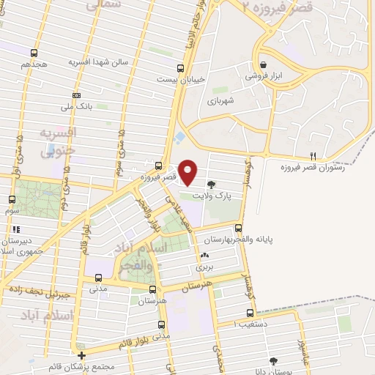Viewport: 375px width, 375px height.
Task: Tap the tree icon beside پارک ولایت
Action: pyautogui.click(x=212, y=185)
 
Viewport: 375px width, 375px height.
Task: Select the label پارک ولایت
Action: pyautogui.click(x=212, y=196)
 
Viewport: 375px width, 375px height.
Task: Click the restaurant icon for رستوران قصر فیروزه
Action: pyautogui.click(x=313, y=155)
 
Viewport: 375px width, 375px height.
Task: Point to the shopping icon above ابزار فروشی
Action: pyautogui.click(x=263, y=64)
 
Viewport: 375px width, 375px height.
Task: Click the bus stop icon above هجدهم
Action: pyautogui.click(x=34, y=53)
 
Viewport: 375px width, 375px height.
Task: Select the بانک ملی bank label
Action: pyautogui.click(x=76, y=106)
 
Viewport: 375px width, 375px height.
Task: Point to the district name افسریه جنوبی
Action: pyautogui.click(x=56, y=141)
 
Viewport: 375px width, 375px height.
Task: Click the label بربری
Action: pyautogui.click(x=203, y=267)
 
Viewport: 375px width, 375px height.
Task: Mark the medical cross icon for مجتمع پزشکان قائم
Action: pyautogui.click(x=81, y=355)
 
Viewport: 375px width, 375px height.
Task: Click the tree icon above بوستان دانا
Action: pyautogui.click(x=274, y=360)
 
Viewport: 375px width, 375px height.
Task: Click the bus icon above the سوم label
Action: pyautogui.click(x=12, y=199)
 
